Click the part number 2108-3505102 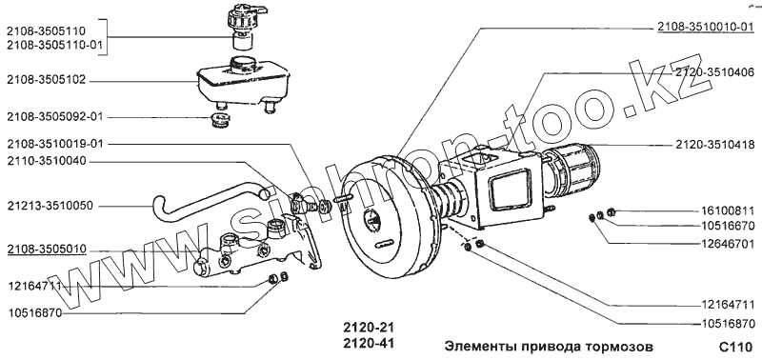(x=46, y=80)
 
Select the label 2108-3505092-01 (x=55, y=117)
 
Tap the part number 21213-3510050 (x=50, y=206)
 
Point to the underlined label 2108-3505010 (x=46, y=250)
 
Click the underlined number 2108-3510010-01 (x=706, y=28)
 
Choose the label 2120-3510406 (x=714, y=73)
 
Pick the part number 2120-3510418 (x=714, y=145)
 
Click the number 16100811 (x=728, y=211)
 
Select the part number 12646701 (x=728, y=241)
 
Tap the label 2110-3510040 (x=46, y=161)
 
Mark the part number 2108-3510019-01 (x=55, y=144)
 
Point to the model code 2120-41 (x=368, y=344)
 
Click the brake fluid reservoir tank (x=242, y=85)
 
